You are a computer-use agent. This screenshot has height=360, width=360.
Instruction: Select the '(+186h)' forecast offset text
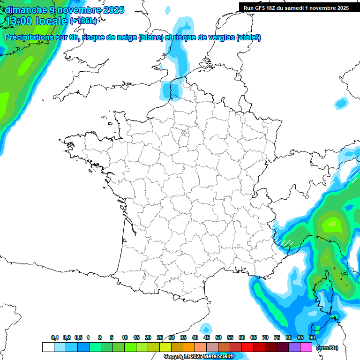coord(83,21)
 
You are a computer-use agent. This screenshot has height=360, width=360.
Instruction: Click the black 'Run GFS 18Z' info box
coord(299,7)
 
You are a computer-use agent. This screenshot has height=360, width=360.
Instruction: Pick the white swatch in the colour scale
coord(48,347)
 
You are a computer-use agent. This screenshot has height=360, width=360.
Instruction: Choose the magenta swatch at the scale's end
coord(306,347)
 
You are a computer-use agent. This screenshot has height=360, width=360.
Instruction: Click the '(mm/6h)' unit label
coord(327,348)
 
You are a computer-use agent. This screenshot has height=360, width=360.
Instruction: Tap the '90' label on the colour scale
coord(312,337)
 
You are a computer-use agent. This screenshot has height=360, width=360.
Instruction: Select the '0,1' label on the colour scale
coord(55,337)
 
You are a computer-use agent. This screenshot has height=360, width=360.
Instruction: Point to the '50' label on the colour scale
coord(218,337)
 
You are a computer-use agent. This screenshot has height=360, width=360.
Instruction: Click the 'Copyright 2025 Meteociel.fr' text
coord(199,356)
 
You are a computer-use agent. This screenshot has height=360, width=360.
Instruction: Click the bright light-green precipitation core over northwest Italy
coord(332,221)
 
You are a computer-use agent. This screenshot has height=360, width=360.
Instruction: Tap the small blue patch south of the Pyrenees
coord(205,328)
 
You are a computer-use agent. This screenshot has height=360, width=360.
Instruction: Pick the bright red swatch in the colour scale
coord(247,347)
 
